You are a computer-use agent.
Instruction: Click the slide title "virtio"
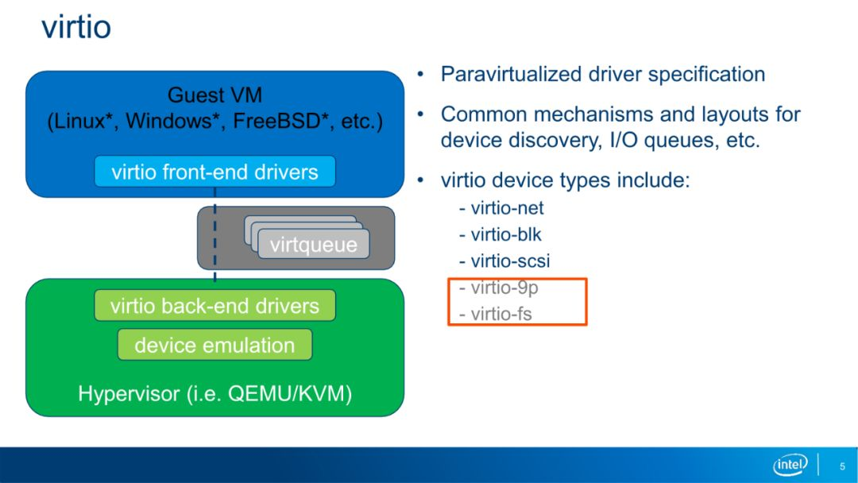point(76,27)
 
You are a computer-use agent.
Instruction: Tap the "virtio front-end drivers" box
point(214,172)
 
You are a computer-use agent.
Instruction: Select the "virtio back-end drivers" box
point(214,306)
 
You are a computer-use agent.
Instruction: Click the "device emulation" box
point(214,345)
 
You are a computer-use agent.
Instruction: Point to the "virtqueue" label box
point(314,245)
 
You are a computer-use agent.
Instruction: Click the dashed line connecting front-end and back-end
point(214,234)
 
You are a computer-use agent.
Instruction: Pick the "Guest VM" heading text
point(214,95)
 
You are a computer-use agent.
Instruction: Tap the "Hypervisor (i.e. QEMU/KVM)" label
point(214,394)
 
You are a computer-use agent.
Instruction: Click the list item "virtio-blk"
point(500,234)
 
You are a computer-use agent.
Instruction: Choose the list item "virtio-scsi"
point(504,261)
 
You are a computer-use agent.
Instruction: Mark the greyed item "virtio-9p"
point(498,288)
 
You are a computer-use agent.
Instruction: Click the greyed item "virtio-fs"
point(496,314)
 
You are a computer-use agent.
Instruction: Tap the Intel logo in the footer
point(790,465)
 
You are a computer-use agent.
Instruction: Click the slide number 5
point(842,466)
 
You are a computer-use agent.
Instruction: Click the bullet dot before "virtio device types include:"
point(420,180)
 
